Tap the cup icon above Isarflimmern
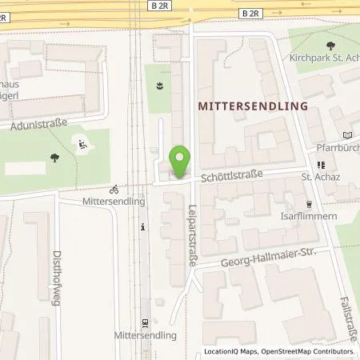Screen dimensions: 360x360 click(x=310, y=203)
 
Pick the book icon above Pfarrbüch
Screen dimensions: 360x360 click(x=346, y=134)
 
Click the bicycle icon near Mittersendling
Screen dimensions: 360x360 click(x=115, y=190)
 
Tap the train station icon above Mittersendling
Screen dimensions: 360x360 click(x=145, y=323)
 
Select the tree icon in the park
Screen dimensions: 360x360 click(x=54, y=158)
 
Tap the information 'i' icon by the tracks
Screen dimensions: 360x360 click(x=143, y=227)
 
